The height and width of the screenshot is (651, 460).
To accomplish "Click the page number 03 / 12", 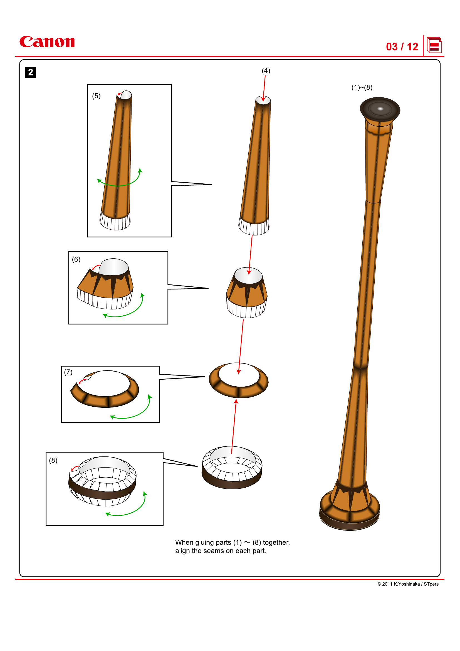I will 402,47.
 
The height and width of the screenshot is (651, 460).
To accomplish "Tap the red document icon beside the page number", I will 434,45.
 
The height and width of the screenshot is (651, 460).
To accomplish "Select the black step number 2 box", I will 31,72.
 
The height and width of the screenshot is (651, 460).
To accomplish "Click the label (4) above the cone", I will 266,71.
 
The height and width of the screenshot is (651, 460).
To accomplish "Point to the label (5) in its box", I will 96,96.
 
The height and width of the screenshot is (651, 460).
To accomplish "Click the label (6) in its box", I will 76,259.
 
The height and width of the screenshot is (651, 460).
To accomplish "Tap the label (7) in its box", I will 68,372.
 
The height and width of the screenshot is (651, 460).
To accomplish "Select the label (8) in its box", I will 53,460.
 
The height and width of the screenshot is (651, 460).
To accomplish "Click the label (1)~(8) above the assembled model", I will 362,87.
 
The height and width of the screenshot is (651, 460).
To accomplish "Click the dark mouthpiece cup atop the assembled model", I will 380,109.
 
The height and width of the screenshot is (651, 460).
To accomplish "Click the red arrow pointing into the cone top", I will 264,88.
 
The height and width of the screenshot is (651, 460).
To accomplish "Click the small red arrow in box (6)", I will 96,267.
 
